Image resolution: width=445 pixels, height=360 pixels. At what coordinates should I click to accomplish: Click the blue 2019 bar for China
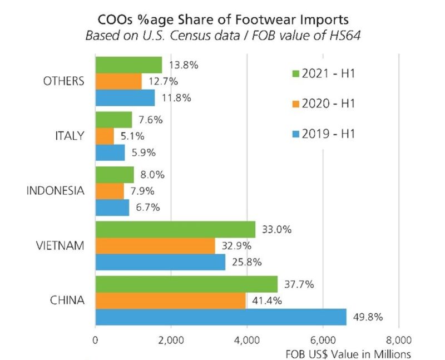click(221, 317)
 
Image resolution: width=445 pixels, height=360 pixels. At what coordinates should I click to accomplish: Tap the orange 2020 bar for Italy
click(105, 136)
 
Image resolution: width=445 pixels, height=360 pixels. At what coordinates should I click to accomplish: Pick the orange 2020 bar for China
click(170, 301)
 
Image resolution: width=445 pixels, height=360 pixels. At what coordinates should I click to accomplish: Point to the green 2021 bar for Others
click(128, 65)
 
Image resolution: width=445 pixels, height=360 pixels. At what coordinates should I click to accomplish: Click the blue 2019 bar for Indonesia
click(112, 208)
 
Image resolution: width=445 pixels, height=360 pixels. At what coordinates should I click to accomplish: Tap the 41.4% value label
click(268, 301)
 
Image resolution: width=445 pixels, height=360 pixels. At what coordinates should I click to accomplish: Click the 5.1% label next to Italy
click(133, 136)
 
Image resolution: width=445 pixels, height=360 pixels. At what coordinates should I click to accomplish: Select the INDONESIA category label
click(56, 191)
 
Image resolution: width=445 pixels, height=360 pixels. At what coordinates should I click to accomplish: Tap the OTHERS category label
click(63, 81)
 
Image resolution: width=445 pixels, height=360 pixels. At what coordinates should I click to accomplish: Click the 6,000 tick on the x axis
click(323, 339)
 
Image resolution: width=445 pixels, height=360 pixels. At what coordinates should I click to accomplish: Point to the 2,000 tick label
click(171, 339)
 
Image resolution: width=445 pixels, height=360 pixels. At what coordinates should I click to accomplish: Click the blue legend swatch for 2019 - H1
click(295, 134)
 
